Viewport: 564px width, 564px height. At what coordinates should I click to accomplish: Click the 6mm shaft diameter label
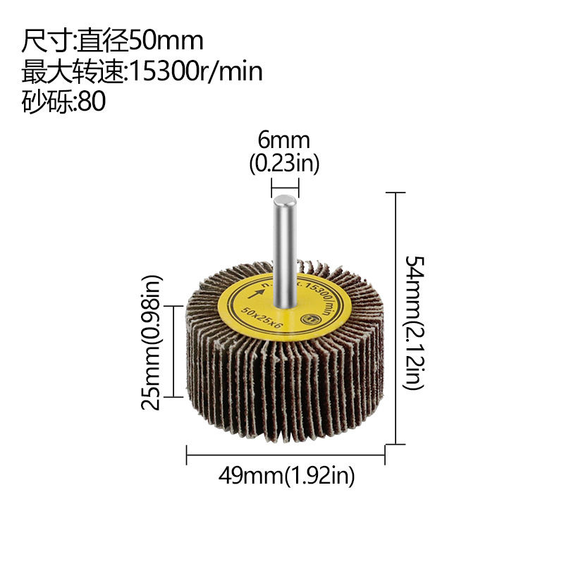284,140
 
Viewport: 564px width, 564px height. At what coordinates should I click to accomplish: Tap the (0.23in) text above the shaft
284,164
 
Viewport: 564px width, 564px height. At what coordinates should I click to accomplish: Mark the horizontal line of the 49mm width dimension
286,455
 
